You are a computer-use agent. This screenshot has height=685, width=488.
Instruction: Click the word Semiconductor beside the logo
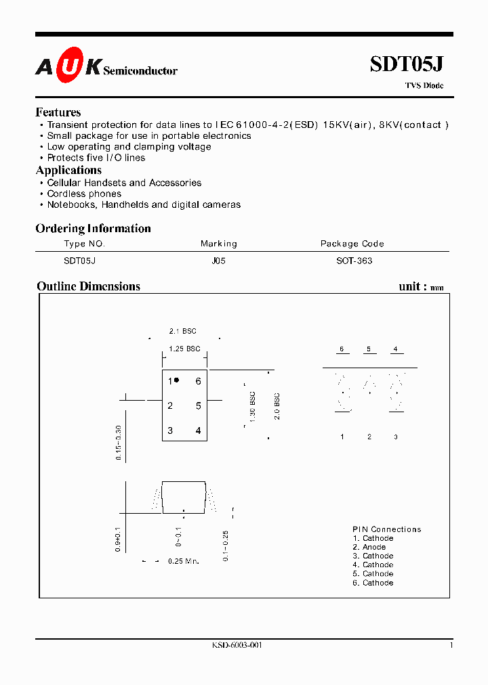140,70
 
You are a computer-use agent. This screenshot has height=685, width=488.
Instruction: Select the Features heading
58,112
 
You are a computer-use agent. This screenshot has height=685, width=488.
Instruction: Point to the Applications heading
68,170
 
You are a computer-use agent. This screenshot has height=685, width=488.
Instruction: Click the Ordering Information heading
93,228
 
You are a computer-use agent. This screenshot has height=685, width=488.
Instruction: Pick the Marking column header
218,244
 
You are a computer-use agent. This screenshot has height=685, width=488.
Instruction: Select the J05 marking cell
218,261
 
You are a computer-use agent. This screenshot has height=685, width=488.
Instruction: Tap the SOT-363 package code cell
354,261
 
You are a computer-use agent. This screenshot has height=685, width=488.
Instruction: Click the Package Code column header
352,244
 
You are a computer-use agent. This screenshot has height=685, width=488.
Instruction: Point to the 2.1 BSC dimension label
182,331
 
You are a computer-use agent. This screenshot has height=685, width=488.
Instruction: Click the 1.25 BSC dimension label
184,349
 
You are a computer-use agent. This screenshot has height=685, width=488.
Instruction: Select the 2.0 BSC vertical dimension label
277,406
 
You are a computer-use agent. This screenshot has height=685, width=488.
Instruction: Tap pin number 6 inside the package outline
198,381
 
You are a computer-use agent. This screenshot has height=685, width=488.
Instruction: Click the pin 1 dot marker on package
177,380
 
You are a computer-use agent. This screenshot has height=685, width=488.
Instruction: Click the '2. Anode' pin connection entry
369,547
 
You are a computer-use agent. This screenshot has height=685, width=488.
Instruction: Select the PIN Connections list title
386,529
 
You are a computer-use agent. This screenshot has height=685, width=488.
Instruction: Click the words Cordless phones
84,194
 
